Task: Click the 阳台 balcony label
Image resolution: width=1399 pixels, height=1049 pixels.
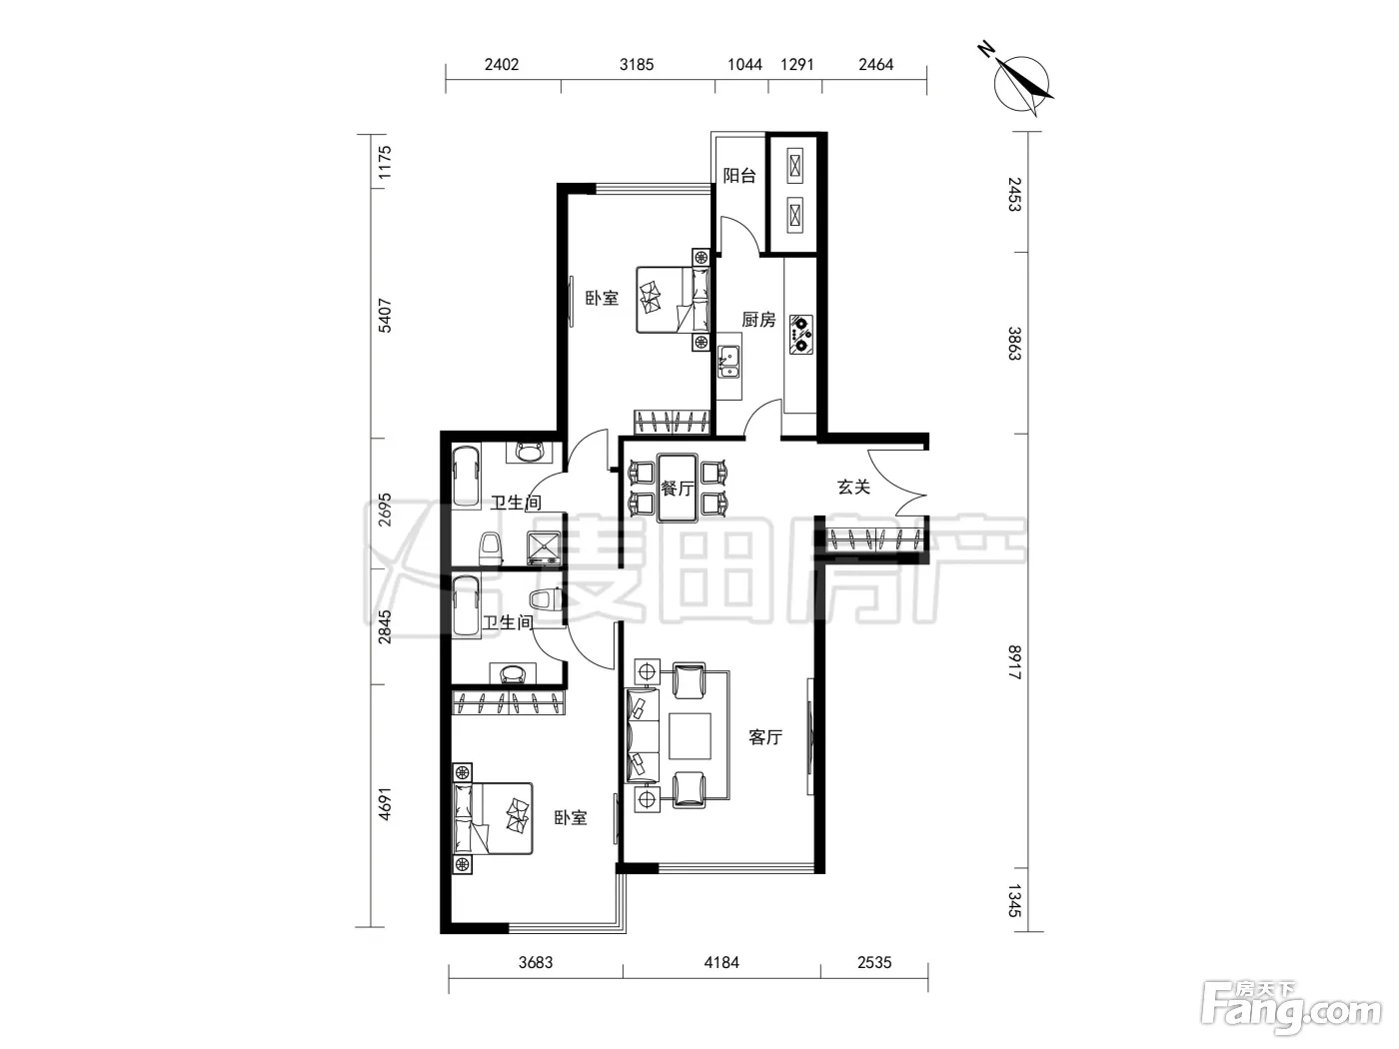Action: (x=739, y=175)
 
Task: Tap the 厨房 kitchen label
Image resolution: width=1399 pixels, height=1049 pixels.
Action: (x=758, y=319)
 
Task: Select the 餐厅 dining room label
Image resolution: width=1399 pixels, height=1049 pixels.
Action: (x=677, y=489)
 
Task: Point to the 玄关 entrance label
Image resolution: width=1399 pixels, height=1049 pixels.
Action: (x=853, y=488)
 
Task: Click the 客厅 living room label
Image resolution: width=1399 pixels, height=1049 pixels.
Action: (x=765, y=737)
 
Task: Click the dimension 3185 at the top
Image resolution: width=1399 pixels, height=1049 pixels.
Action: (x=637, y=64)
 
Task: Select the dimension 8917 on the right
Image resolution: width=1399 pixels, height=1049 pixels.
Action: (x=1014, y=662)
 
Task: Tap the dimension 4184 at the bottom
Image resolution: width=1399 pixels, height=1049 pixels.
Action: (x=721, y=962)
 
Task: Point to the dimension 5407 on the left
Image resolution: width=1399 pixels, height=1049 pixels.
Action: (x=385, y=316)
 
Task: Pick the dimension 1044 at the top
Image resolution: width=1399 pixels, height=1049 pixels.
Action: (x=745, y=64)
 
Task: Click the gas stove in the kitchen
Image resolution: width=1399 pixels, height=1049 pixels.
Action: (x=801, y=335)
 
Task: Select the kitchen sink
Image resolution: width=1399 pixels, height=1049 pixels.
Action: (x=728, y=363)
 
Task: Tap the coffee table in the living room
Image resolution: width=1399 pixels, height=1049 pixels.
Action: (x=690, y=735)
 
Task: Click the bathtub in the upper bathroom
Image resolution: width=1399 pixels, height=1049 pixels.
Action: (x=467, y=478)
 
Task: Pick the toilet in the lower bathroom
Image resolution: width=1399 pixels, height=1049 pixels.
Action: (x=545, y=599)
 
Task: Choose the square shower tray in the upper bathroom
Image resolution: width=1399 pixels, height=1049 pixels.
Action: (x=543, y=548)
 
